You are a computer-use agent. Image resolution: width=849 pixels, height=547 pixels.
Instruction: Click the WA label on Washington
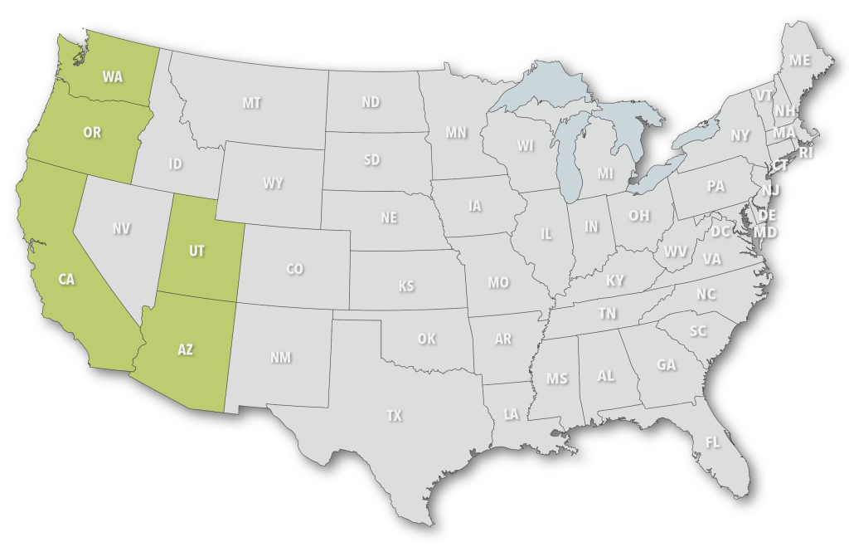click(x=113, y=77)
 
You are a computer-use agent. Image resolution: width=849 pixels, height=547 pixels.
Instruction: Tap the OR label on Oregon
click(x=92, y=133)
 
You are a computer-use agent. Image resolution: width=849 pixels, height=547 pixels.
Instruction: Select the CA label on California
click(x=67, y=280)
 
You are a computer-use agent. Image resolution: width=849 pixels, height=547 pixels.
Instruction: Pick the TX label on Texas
click(x=394, y=415)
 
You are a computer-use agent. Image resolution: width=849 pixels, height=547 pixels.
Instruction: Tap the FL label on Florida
click(x=712, y=442)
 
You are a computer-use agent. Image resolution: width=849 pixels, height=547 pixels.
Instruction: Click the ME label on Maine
click(x=799, y=61)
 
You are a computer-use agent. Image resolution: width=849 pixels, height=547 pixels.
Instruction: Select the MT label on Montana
click(x=252, y=103)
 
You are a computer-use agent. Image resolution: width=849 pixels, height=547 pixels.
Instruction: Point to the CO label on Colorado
click(x=294, y=269)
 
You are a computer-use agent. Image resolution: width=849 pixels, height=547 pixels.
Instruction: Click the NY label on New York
click(x=740, y=134)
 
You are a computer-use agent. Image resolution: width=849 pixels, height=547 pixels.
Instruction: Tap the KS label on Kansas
click(x=405, y=286)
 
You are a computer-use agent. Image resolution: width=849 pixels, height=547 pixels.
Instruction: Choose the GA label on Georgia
click(x=667, y=364)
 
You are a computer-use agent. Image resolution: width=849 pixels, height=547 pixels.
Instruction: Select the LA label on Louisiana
click(x=511, y=414)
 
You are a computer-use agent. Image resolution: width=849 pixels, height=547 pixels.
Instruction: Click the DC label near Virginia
click(x=720, y=232)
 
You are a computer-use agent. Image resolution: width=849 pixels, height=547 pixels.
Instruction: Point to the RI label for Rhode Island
click(x=807, y=153)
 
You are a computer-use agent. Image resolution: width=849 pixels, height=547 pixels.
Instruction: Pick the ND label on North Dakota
click(x=371, y=102)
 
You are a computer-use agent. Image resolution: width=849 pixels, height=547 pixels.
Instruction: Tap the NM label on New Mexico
click(x=280, y=358)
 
